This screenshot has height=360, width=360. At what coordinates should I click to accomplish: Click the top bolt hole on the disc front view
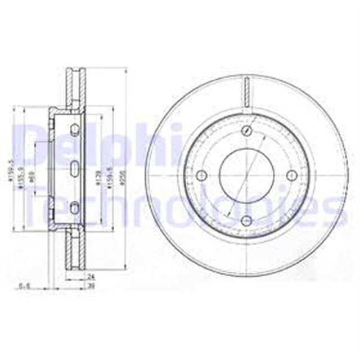click(x=246, y=131)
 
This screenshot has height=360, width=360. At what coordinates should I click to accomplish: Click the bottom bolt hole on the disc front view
click(x=246, y=220)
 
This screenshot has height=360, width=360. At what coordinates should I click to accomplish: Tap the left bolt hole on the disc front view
click(x=201, y=176)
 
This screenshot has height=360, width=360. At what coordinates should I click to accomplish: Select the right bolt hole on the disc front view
click(x=291, y=176)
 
